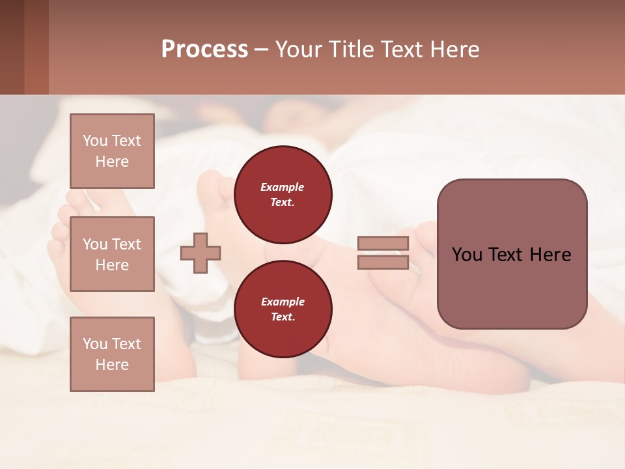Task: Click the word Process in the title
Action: coord(204,50)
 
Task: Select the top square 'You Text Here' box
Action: coord(112,151)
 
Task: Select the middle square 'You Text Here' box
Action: coord(112,254)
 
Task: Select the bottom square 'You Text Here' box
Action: coord(112,354)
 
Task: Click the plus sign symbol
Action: coord(201,253)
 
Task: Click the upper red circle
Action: coord(283,194)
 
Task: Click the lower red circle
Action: coord(283,309)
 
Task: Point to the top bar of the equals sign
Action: coord(383,243)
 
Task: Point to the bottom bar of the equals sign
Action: coord(383,263)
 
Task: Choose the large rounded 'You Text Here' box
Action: coord(512,254)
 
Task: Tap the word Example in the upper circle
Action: coord(283,187)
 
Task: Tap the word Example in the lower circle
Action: coord(283,302)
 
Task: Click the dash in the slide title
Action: coord(261,50)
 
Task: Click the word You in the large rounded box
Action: coord(467,255)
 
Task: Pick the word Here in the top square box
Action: coord(112,162)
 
